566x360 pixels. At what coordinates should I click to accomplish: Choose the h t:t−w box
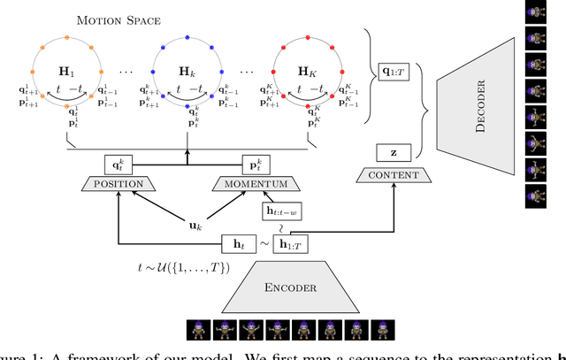coord(280,211)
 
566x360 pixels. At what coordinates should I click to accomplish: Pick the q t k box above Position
coord(117,164)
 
